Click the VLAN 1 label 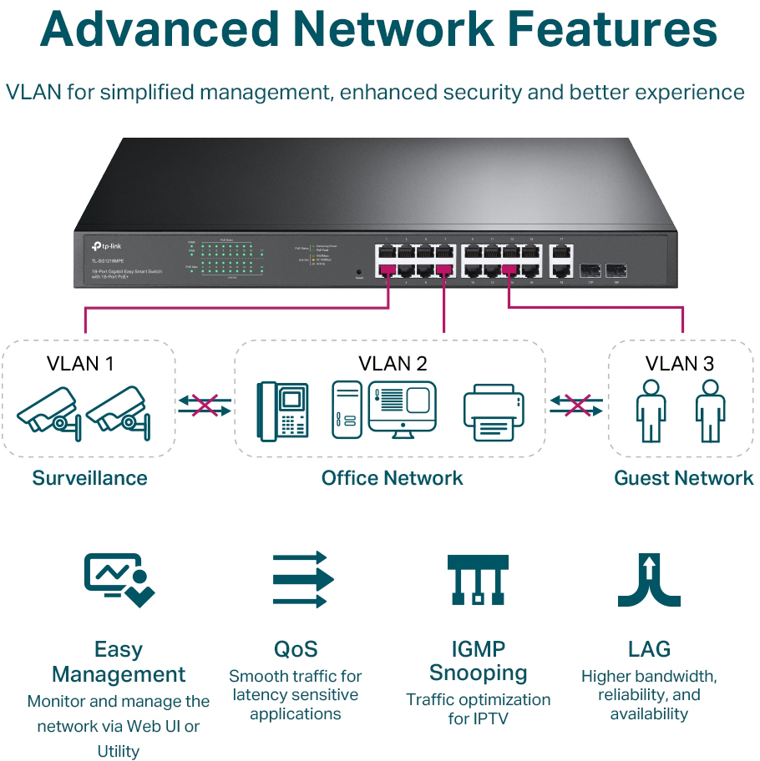coord(80,364)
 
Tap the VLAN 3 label coord(680,364)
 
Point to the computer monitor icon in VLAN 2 coord(403,407)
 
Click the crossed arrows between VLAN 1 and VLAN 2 coord(205,406)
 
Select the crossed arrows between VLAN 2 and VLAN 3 coord(577,406)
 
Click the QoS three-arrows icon coord(302,578)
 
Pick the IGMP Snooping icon coord(478,578)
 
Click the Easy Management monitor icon coord(119,578)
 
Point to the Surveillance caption coord(89,478)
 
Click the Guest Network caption coord(683,478)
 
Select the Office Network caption coord(392,478)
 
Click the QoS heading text coord(296,649)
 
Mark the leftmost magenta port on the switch coord(386,270)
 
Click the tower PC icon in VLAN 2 coord(347,410)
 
